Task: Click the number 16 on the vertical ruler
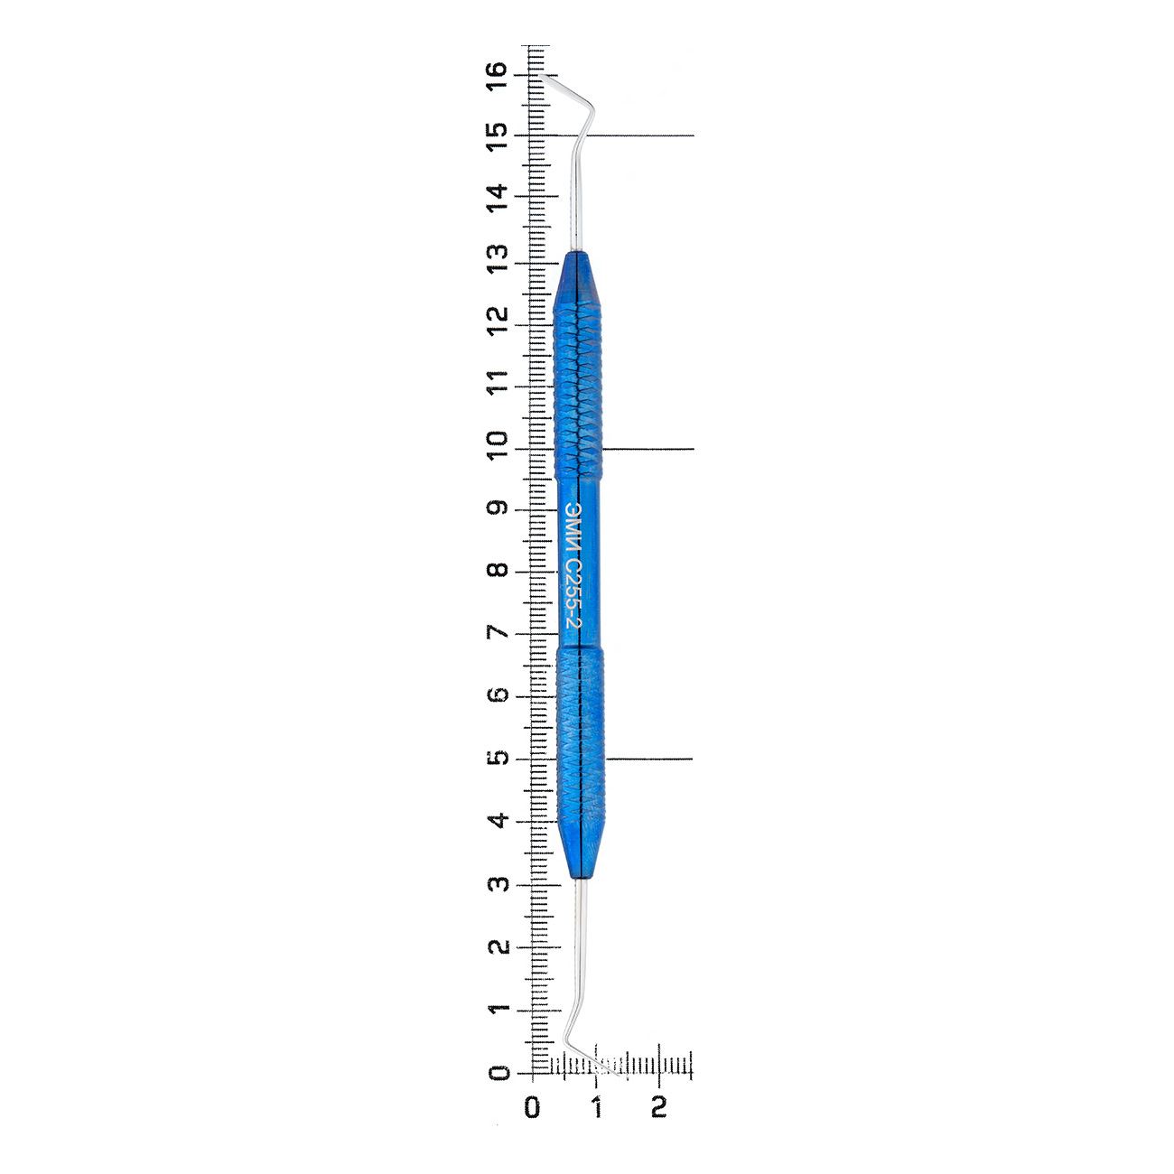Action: click(497, 76)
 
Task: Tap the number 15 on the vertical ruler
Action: click(497, 137)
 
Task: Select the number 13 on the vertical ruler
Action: click(497, 259)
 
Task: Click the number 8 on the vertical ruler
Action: click(497, 570)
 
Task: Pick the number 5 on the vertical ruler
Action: click(497, 758)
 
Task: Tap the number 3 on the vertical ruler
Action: click(497, 883)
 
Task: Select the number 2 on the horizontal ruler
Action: click(658, 1107)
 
